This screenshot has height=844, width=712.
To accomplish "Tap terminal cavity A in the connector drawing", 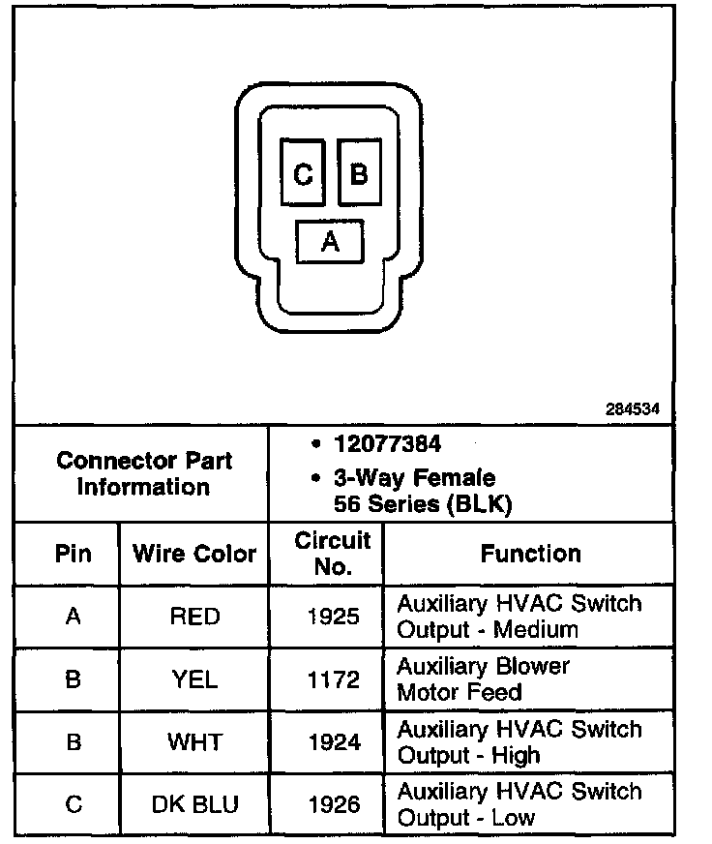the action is [x=330, y=241].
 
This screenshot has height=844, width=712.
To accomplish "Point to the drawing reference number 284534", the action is [x=633, y=409].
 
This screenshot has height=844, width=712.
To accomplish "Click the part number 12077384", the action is [x=387, y=444].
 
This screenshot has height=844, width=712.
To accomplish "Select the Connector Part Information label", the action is [x=144, y=473].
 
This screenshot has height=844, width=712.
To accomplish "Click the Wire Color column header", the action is [x=194, y=554].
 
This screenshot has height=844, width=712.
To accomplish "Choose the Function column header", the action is [x=530, y=554].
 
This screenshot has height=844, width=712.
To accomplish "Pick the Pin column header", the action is [x=73, y=554].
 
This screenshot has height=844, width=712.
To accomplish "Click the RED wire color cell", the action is [x=194, y=617].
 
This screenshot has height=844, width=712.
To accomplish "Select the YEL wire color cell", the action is [x=194, y=679].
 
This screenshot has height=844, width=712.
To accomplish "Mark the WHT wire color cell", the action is [x=194, y=742].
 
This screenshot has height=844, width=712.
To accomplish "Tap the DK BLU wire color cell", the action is [x=194, y=804].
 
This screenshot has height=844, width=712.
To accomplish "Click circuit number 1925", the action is [x=332, y=617].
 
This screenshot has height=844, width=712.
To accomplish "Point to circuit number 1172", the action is [x=332, y=679].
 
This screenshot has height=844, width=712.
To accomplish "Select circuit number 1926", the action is [x=332, y=804].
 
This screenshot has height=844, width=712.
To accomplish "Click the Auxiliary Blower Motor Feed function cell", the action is [x=484, y=679].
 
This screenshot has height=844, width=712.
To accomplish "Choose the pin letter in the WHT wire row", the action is [x=73, y=742].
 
